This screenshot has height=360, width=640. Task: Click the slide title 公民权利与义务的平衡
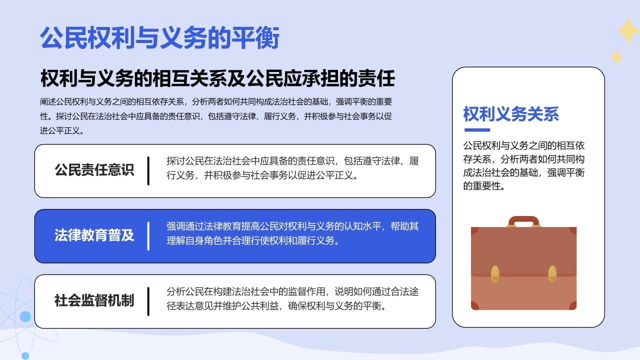click(x=159, y=38)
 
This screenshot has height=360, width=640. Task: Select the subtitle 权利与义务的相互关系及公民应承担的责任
click(x=217, y=79)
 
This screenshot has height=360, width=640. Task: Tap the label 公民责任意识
click(x=94, y=170)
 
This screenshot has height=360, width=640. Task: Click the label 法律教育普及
click(x=94, y=235)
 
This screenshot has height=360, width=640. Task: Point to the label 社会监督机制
click(x=94, y=300)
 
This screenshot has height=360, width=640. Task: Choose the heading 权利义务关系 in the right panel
click(x=511, y=114)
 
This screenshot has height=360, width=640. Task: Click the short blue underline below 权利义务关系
click(x=477, y=130)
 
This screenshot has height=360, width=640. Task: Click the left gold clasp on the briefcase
click(x=495, y=273)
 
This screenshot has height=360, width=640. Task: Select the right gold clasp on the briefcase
click(x=552, y=273)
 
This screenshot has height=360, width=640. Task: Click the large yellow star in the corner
click(x=627, y=30)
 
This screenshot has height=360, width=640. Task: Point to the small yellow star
click(x=617, y=57)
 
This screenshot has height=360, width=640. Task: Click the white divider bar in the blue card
click(x=148, y=235)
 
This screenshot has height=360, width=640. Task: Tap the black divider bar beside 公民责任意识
click(x=148, y=170)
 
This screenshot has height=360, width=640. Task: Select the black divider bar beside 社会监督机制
click(x=148, y=301)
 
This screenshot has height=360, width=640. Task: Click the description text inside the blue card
click(x=292, y=233)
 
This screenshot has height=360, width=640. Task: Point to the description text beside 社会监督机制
click(x=292, y=298)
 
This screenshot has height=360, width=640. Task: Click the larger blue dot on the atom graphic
click(x=25, y=316)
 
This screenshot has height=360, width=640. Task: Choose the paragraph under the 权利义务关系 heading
click(x=524, y=166)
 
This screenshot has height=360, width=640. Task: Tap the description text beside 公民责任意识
click(x=292, y=168)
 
